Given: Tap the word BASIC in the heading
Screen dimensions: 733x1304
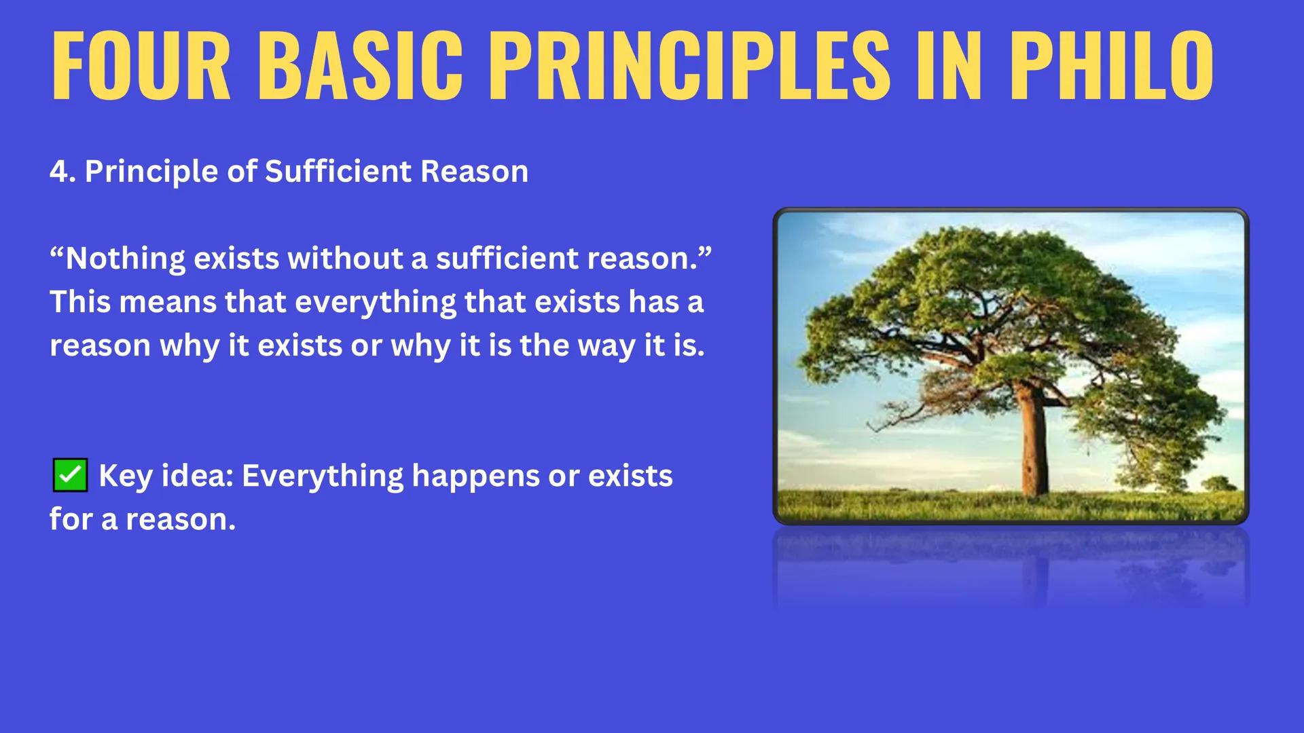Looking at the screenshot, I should (x=360, y=66).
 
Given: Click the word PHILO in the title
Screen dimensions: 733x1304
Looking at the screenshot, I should (x=1111, y=66).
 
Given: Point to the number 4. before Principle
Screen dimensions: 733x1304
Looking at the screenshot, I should (x=62, y=172).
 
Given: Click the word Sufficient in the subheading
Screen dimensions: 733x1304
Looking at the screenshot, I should (x=338, y=172).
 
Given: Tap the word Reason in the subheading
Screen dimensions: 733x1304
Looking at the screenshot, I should (x=474, y=172).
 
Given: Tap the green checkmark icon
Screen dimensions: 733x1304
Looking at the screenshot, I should (x=70, y=475).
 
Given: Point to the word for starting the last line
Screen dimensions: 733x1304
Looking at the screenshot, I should (x=71, y=520).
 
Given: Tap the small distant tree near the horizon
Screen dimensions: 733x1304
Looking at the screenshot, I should (x=1219, y=484).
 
